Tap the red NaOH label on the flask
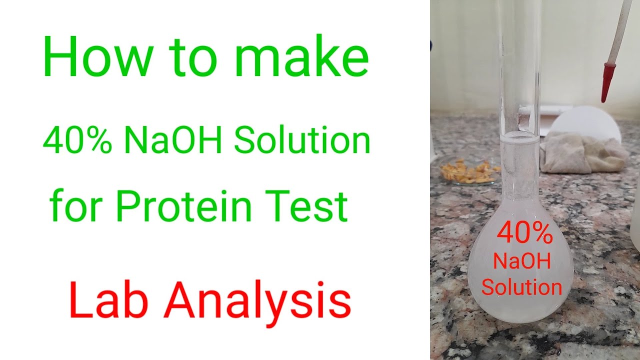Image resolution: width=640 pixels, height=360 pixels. pyautogui.click(x=521, y=261)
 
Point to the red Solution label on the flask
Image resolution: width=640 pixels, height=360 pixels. pyautogui.click(x=521, y=287)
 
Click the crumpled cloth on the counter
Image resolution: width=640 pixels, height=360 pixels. pyautogui.click(x=582, y=152)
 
